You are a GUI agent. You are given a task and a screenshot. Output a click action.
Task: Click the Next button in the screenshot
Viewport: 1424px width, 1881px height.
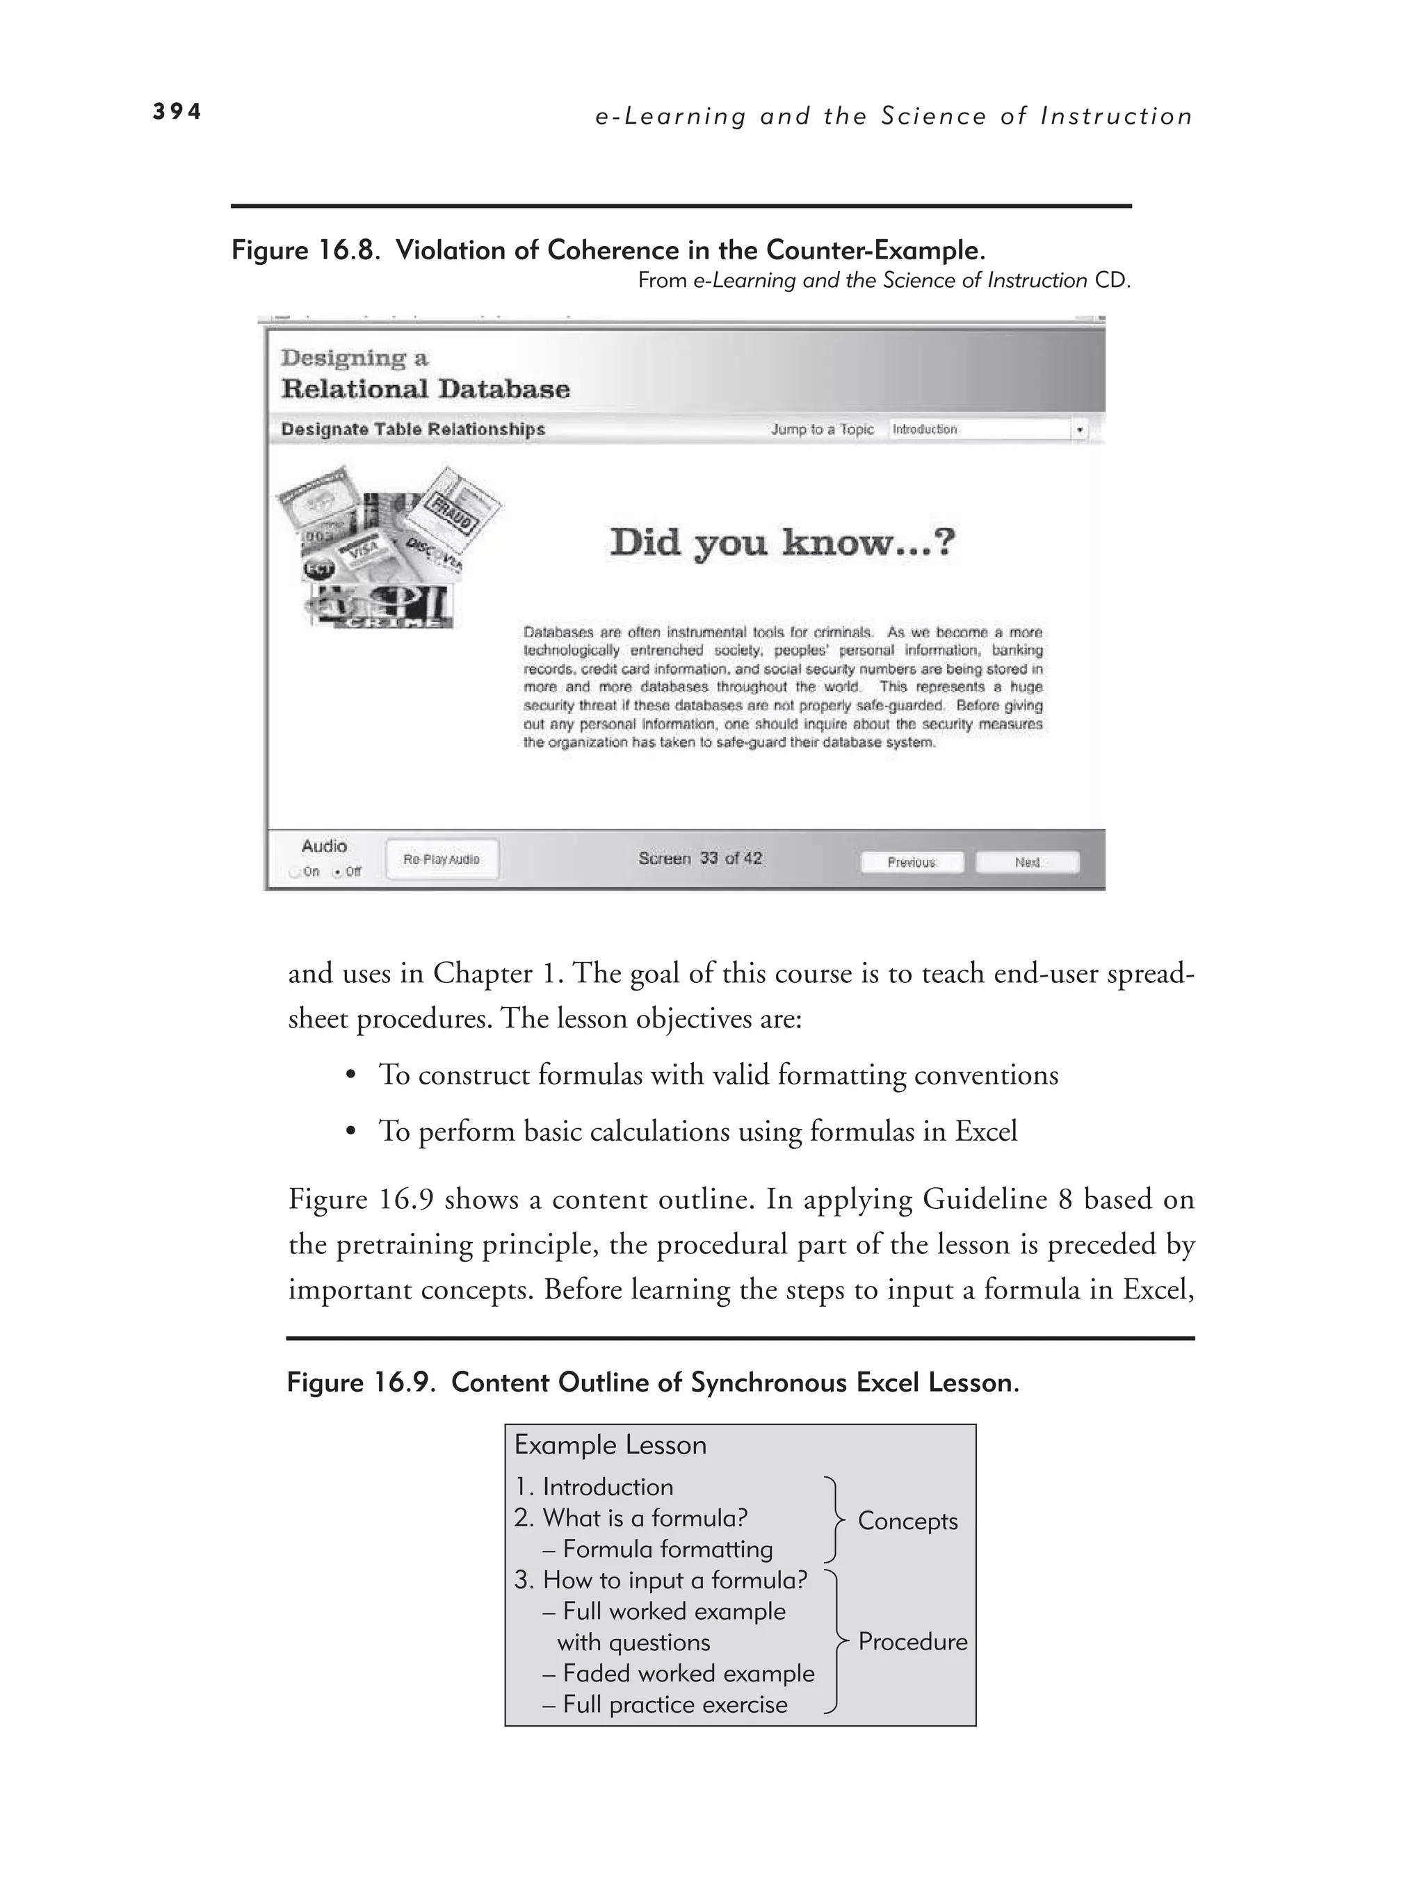click(x=1027, y=862)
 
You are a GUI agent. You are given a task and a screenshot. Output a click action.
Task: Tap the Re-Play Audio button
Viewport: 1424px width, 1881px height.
click(x=442, y=860)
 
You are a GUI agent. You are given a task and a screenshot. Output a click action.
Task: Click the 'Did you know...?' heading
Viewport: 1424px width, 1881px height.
click(x=783, y=542)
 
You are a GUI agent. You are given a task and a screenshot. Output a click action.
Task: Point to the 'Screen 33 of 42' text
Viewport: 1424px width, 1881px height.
click(x=700, y=859)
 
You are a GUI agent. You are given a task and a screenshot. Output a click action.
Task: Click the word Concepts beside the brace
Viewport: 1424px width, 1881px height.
click(x=907, y=1520)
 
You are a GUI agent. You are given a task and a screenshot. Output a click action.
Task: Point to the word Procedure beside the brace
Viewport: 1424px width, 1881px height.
click(x=912, y=1641)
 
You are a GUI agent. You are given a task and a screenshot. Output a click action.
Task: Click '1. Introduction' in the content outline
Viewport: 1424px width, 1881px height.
click(x=594, y=1486)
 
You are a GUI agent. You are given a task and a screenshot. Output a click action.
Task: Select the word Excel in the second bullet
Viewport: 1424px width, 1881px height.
click(x=985, y=1131)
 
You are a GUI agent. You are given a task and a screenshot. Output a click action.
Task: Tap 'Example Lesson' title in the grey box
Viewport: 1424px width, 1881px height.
click(x=610, y=1444)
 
